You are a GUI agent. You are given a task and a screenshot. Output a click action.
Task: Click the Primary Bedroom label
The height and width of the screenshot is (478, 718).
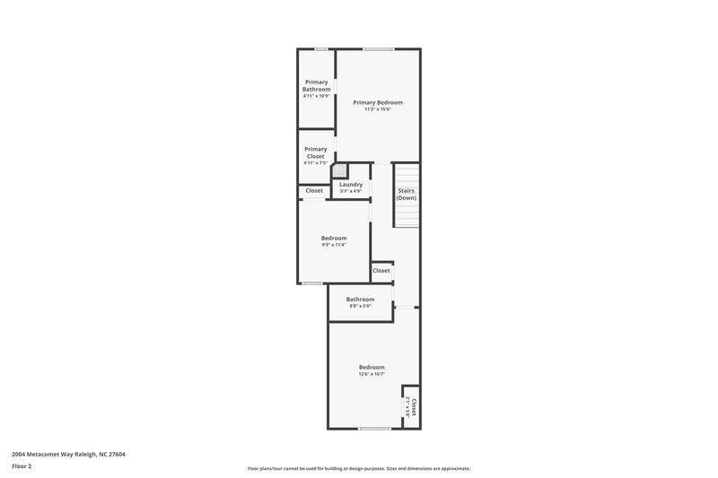click(377, 102)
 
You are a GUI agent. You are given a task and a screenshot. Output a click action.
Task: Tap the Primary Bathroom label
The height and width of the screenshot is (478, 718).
click(316, 86)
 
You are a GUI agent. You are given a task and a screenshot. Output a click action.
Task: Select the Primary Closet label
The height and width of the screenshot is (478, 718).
click(315, 152)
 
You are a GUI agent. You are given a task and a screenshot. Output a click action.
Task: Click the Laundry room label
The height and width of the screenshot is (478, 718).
click(351, 184)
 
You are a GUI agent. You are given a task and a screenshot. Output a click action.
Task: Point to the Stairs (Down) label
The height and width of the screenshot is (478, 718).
click(407, 194)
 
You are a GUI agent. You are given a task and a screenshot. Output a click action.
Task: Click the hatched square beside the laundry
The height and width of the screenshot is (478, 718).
click(339, 169)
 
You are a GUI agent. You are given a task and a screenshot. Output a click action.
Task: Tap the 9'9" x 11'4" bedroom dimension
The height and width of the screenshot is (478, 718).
click(334, 245)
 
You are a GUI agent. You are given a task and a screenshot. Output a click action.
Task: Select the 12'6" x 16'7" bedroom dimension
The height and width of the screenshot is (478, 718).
click(372, 375)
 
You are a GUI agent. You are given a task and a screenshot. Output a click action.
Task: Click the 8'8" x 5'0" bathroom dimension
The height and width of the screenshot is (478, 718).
click(361, 307)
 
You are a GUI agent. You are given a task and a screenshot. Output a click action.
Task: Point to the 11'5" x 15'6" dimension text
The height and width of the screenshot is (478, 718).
click(377, 109)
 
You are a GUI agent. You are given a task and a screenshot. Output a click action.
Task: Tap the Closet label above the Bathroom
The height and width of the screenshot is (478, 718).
click(381, 270)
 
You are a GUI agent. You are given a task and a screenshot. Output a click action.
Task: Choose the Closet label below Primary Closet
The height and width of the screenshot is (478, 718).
click(314, 190)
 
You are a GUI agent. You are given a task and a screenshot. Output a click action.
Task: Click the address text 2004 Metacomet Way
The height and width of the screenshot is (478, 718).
click(68, 455)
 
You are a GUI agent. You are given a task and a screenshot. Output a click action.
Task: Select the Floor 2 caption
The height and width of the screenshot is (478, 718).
click(22, 466)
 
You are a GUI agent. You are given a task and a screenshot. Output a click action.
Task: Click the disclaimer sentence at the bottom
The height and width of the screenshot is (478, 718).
click(359, 468)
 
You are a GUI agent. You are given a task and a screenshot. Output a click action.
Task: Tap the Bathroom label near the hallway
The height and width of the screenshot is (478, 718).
click(361, 300)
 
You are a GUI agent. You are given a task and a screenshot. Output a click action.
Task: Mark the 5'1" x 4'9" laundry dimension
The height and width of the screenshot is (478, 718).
click(351, 191)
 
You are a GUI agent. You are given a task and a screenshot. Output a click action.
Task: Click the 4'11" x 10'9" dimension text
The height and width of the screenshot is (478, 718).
click(316, 96)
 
